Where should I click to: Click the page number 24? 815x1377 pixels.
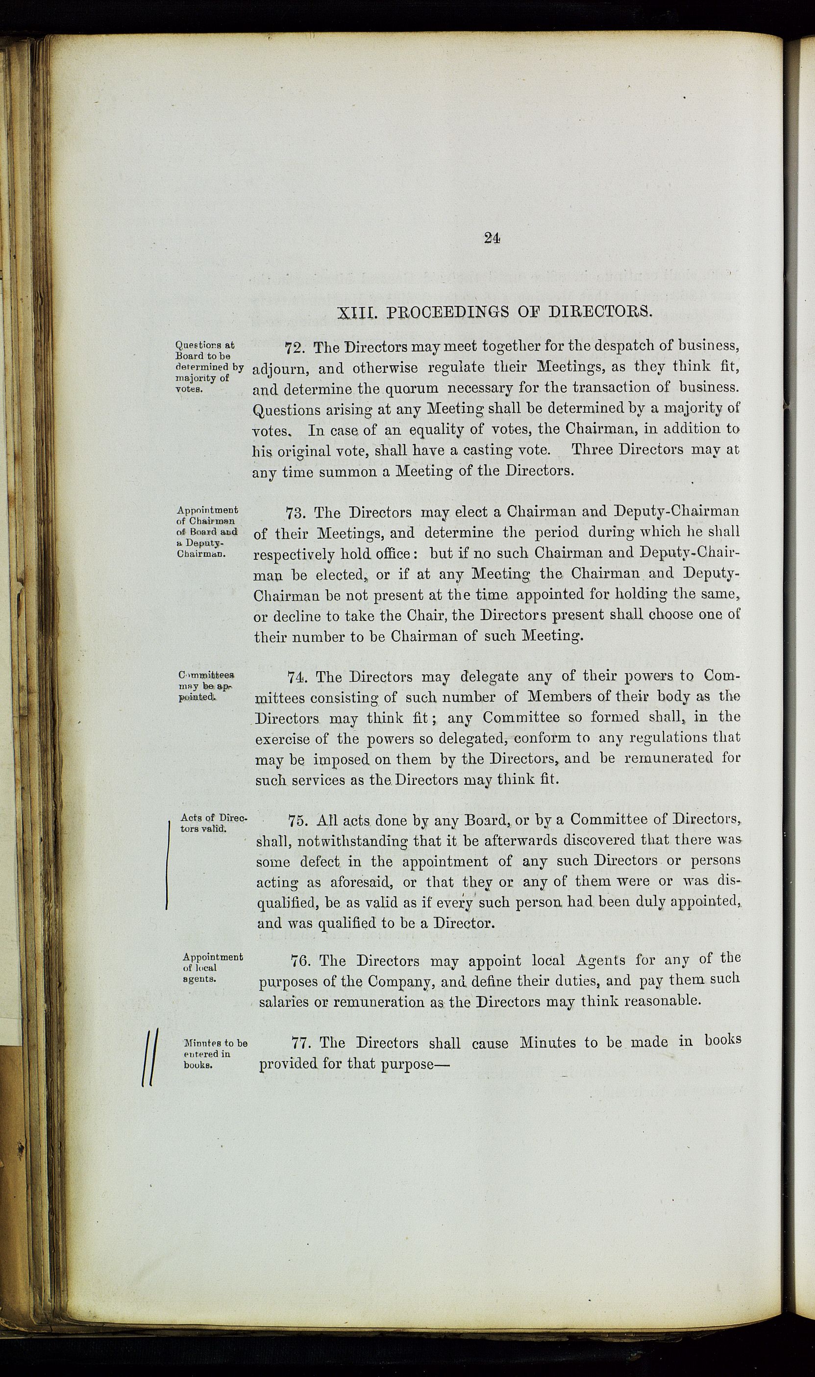click(x=492, y=237)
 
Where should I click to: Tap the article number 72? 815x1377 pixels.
click(x=296, y=348)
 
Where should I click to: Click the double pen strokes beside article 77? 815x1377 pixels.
click(x=149, y=1057)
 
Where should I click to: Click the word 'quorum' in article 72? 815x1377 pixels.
click(x=413, y=389)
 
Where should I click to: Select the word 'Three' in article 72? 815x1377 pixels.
click(x=595, y=450)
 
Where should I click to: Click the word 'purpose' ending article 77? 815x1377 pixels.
click(x=415, y=1064)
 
